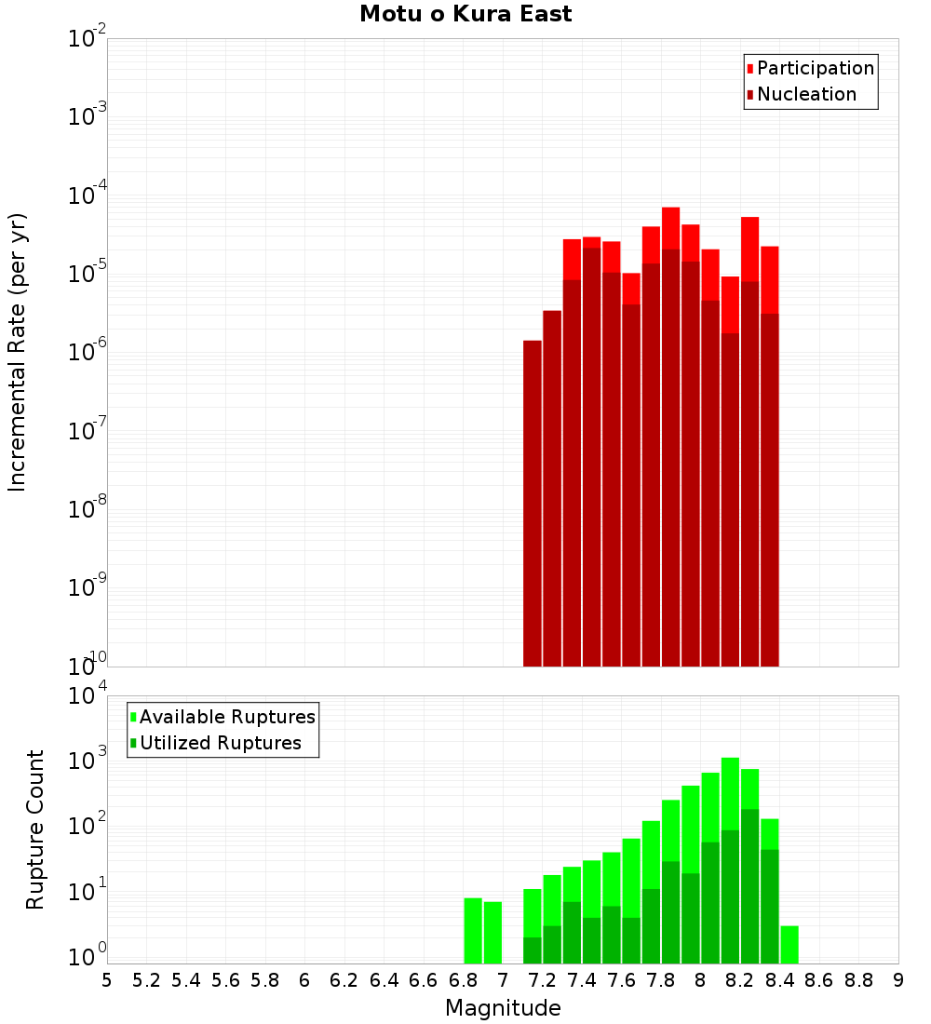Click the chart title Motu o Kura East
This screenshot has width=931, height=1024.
[x=465, y=15]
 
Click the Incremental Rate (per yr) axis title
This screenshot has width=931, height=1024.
[x=18, y=352]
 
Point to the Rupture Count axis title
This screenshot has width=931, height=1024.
[x=35, y=829]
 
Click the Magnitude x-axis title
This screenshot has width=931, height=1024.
[x=503, y=1008]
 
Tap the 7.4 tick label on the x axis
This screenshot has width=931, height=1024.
[x=582, y=980]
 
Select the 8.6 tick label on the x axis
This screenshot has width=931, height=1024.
[x=819, y=980]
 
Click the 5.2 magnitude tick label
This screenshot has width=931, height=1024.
[x=146, y=980]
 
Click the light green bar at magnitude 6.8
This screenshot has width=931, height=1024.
[x=473, y=931]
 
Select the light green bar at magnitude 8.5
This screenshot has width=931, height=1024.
[x=789, y=944]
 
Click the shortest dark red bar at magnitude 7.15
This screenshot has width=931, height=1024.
[x=533, y=503]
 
